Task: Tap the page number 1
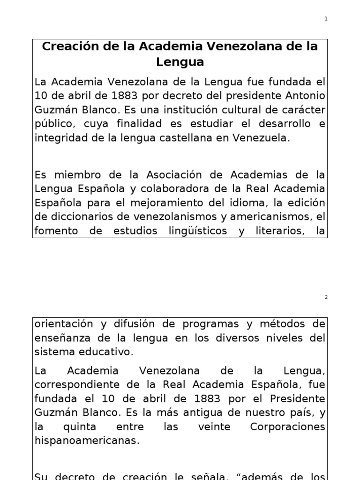pyautogui.click(x=326, y=19)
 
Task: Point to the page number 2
pyautogui.click(x=326, y=298)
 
